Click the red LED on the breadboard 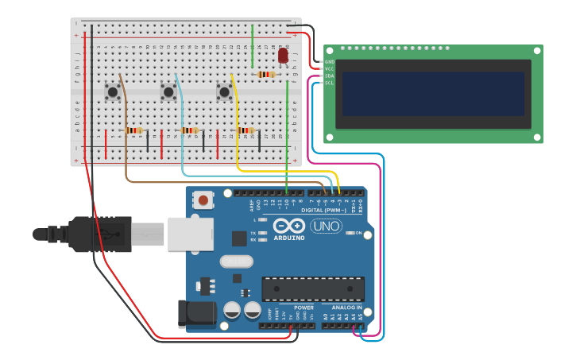[x=283, y=56]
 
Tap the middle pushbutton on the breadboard [x=168, y=92]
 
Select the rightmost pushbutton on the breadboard [x=224, y=92]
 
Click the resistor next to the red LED [x=266, y=75]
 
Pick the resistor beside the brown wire [x=133, y=130]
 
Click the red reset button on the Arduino [x=204, y=200]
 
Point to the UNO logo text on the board [x=326, y=226]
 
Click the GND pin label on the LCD [x=330, y=62]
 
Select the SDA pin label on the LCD [x=330, y=75]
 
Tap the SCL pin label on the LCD [x=330, y=83]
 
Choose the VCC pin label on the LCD [x=330, y=69]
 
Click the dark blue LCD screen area [x=433, y=94]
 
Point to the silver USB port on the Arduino [x=188, y=234]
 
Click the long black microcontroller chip [x=313, y=288]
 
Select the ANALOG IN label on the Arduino [x=346, y=308]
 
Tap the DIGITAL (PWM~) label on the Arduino [x=323, y=210]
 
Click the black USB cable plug [x=99, y=234]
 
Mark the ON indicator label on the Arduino [x=358, y=233]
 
